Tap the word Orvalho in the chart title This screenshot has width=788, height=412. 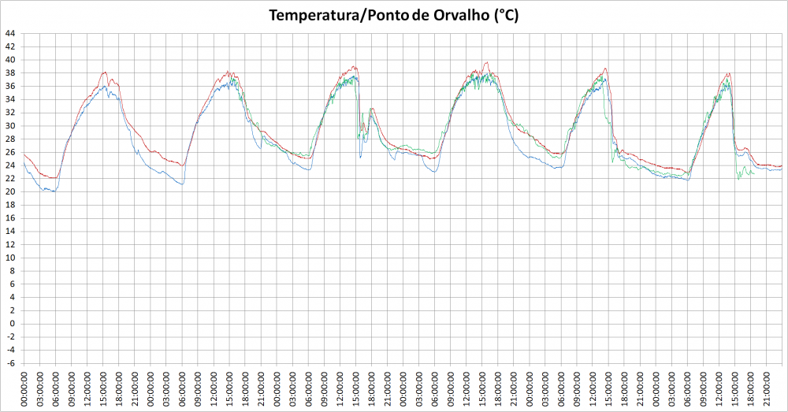(x=458, y=16)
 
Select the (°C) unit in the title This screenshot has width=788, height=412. (x=505, y=16)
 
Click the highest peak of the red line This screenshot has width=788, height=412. (x=486, y=62)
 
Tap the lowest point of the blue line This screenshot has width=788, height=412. (x=53, y=191)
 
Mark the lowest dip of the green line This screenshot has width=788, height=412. (x=739, y=180)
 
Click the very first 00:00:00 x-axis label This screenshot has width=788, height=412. (x=24, y=389)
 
